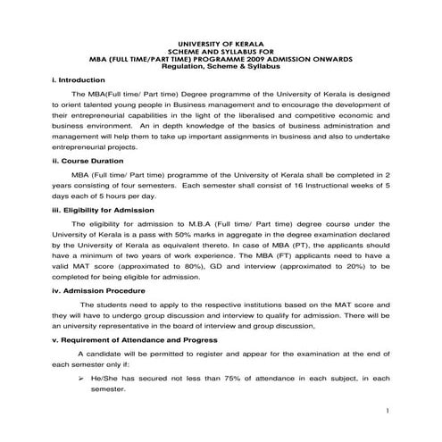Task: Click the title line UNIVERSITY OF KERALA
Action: tap(221, 43)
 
